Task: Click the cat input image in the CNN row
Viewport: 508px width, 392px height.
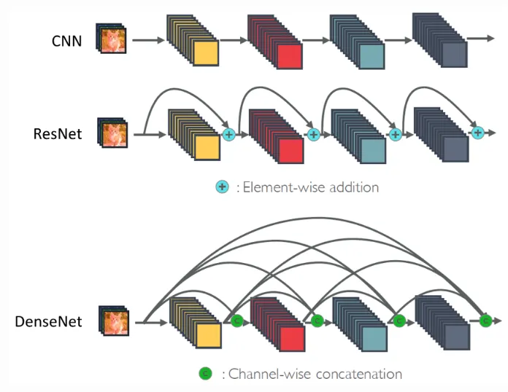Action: click(x=114, y=41)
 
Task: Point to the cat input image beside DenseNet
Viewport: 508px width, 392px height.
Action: click(x=114, y=321)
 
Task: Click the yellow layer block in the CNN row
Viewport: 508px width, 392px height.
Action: click(x=205, y=55)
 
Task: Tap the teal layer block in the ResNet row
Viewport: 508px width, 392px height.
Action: click(x=372, y=149)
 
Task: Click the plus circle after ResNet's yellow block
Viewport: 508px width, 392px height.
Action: click(x=228, y=134)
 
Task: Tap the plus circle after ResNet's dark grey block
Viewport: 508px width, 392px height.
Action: click(x=478, y=132)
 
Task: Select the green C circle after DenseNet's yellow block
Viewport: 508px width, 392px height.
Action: click(x=236, y=320)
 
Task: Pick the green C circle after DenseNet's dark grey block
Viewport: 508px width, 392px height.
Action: click(x=485, y=320)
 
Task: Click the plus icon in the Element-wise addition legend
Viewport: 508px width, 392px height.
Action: click(x=222, y=187)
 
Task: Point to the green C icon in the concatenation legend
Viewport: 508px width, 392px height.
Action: click(x=205, y=374)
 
